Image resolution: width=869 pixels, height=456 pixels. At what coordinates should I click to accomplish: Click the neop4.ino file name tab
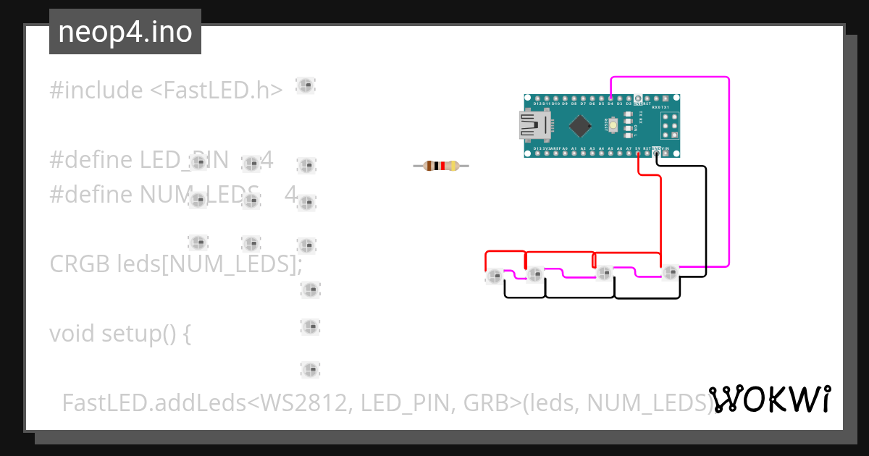pyautogui.click(x=125, y=32)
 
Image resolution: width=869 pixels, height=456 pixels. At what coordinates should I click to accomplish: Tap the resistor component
pyautogui.click(x=441, y=166)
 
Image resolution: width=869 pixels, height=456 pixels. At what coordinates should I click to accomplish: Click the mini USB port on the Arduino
pyautogui.click(x=532, y=125)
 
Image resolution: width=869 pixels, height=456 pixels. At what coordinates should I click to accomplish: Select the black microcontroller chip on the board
pyautogui.click(x=580, y=126)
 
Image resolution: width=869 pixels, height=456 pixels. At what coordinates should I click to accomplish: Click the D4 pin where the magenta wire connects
pyautogui.click(x=610, y=98)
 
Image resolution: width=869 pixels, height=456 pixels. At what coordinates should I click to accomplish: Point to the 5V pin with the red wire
pyautogui.click(x=638, y=153)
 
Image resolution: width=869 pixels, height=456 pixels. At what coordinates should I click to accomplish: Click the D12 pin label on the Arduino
pyautogui.click(x=537, y=104)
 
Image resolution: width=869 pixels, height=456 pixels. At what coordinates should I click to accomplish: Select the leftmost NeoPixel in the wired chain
pyautogui.click(x=495, y=276)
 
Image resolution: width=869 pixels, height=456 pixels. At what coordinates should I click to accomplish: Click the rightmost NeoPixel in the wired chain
pyautogui.click(x=670, y=272)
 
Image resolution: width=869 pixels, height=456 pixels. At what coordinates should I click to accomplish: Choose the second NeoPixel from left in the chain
pyautogui.click(x=535, y=274)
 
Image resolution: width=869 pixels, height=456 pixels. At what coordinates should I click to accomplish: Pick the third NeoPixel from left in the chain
pyautogui.click(x=603, y=272)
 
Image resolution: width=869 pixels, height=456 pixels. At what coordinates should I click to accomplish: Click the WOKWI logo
pyautogui.click(x=769, y=399)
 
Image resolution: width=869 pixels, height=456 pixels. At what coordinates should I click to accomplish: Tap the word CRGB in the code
pyautogui.click(x=80, y=264)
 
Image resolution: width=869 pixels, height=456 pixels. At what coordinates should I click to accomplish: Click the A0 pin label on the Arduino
pyautogui.click(x=565, y=148)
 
